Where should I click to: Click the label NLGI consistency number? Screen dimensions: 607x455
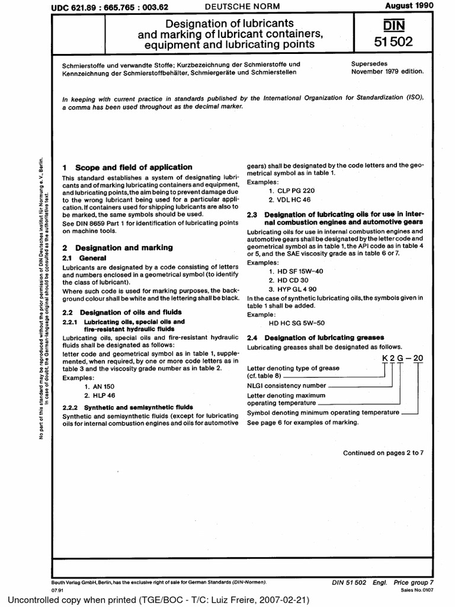[x=287, y=385]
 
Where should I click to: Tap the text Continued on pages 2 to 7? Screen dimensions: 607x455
[x=383, y=453]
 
